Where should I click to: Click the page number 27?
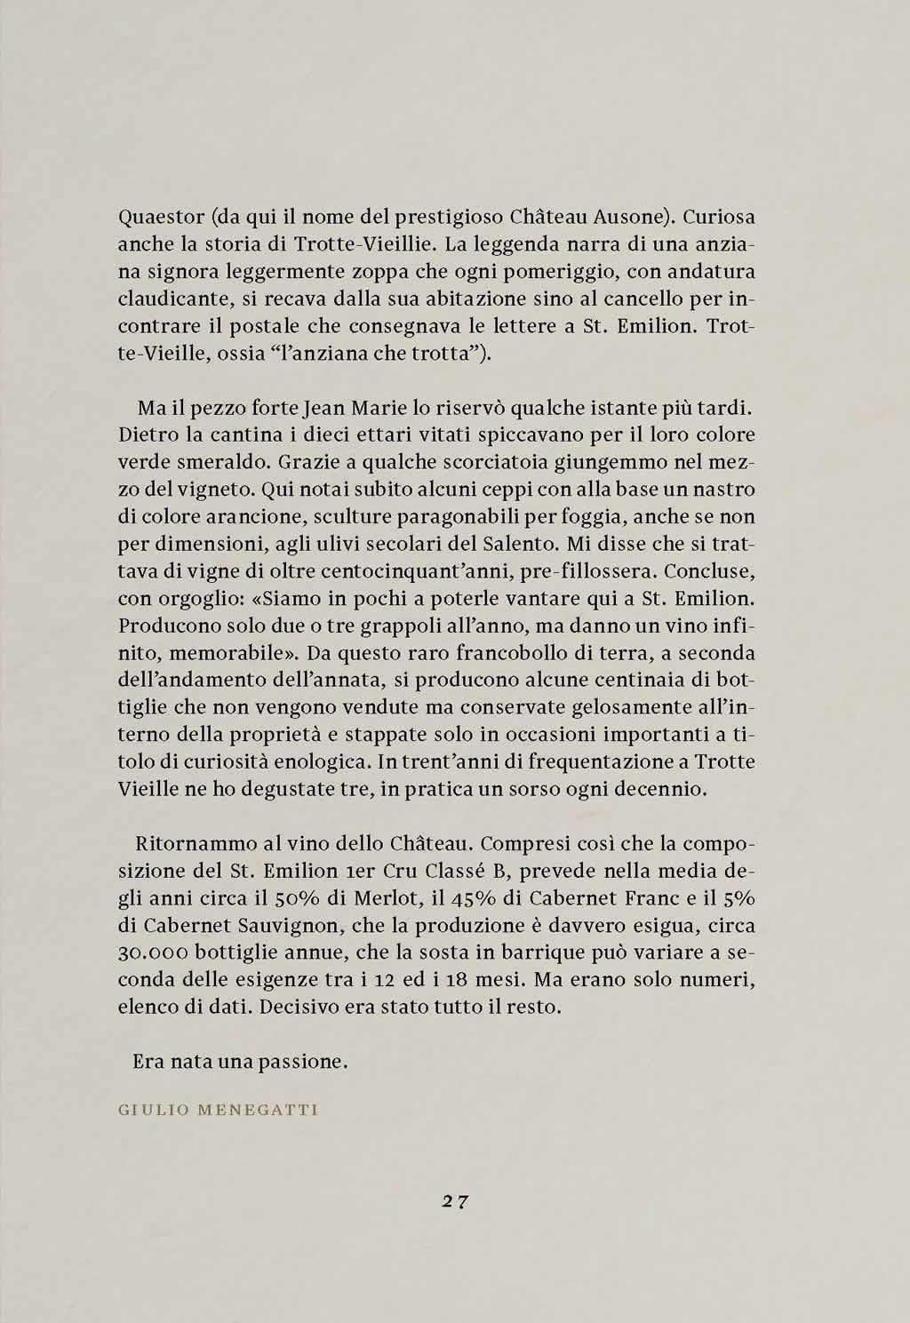pos(455,1201)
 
